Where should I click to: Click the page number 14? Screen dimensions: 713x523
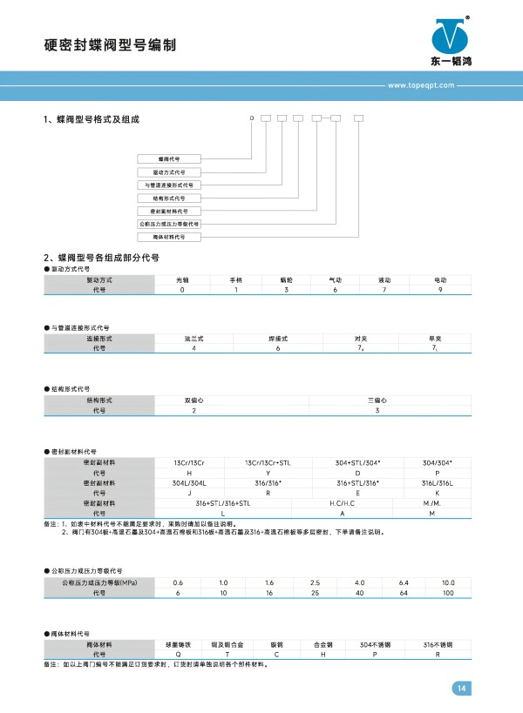461,689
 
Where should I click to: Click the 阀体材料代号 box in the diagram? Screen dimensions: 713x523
169,237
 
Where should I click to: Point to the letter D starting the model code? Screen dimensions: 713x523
252,117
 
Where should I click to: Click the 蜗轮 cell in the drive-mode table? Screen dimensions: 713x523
286,280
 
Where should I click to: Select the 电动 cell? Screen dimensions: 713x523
439,280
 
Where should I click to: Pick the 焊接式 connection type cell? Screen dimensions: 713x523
276,337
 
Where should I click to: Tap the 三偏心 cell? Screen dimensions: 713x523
376,400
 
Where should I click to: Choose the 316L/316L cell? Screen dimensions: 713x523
437,482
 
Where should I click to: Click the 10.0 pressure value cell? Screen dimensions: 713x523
447,582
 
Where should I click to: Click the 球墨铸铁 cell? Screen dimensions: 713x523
178,644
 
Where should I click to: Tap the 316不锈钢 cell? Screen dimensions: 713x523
437,644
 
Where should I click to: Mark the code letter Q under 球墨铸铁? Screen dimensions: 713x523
178,655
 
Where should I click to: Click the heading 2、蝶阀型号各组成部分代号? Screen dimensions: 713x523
101,259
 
